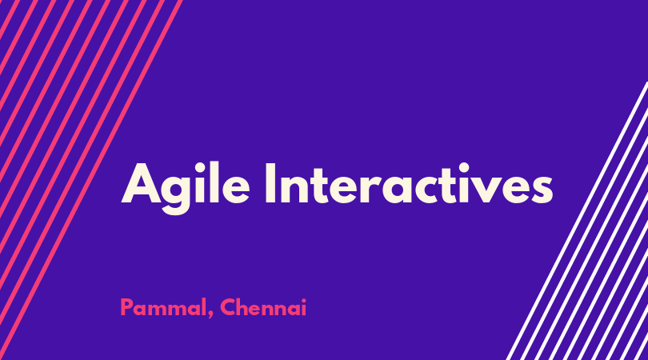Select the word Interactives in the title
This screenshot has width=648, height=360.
point(409,184)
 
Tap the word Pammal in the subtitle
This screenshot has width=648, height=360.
point(164,308)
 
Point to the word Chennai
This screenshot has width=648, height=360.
point(263,307)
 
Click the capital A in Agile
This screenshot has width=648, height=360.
point(141,183)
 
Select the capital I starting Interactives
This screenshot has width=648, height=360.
point(270,183)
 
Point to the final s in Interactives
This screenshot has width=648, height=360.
point(541,190)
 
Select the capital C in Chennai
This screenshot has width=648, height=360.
point(228,307)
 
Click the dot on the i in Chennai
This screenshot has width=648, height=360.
point(304,301)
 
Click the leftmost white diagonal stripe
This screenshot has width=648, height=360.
point(578,221)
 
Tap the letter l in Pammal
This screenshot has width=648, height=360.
point(205,307)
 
